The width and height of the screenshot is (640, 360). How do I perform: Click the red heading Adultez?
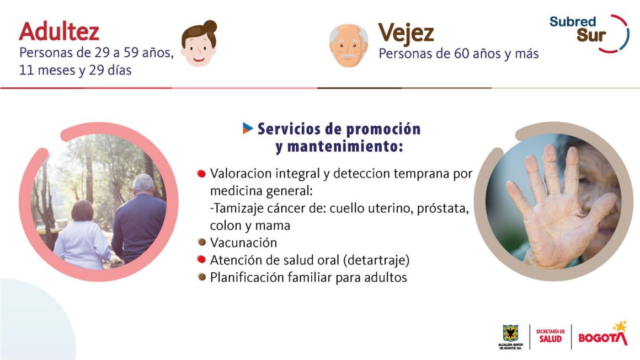point(59,32)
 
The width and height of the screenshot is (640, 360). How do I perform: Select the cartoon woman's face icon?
point(199,44)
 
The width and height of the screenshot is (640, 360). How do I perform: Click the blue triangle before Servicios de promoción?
point(248,128)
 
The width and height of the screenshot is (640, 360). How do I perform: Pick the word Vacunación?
point(243,243)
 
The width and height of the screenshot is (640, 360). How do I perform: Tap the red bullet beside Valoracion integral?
point(201,174)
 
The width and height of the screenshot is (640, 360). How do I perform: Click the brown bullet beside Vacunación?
point(201,242)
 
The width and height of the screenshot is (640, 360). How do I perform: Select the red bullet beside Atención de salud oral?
point(201,259)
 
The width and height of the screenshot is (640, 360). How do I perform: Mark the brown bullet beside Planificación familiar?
point(201,277)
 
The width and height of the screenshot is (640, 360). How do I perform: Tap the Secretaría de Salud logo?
point(550,336)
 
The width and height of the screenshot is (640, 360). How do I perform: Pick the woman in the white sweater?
point(82,235)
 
